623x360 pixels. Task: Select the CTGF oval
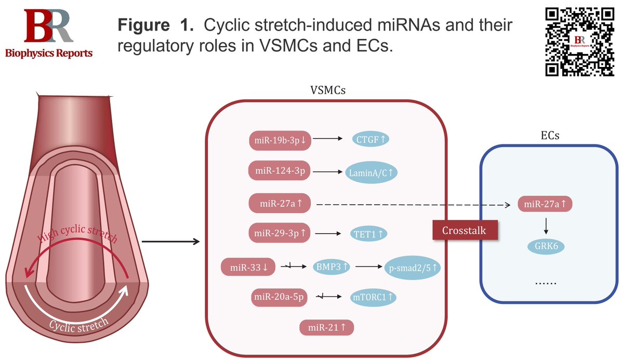372,139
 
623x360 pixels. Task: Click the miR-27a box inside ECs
545,204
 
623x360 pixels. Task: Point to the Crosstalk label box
464,230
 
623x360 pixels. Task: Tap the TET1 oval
368,234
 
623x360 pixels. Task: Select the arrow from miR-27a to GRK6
545,225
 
